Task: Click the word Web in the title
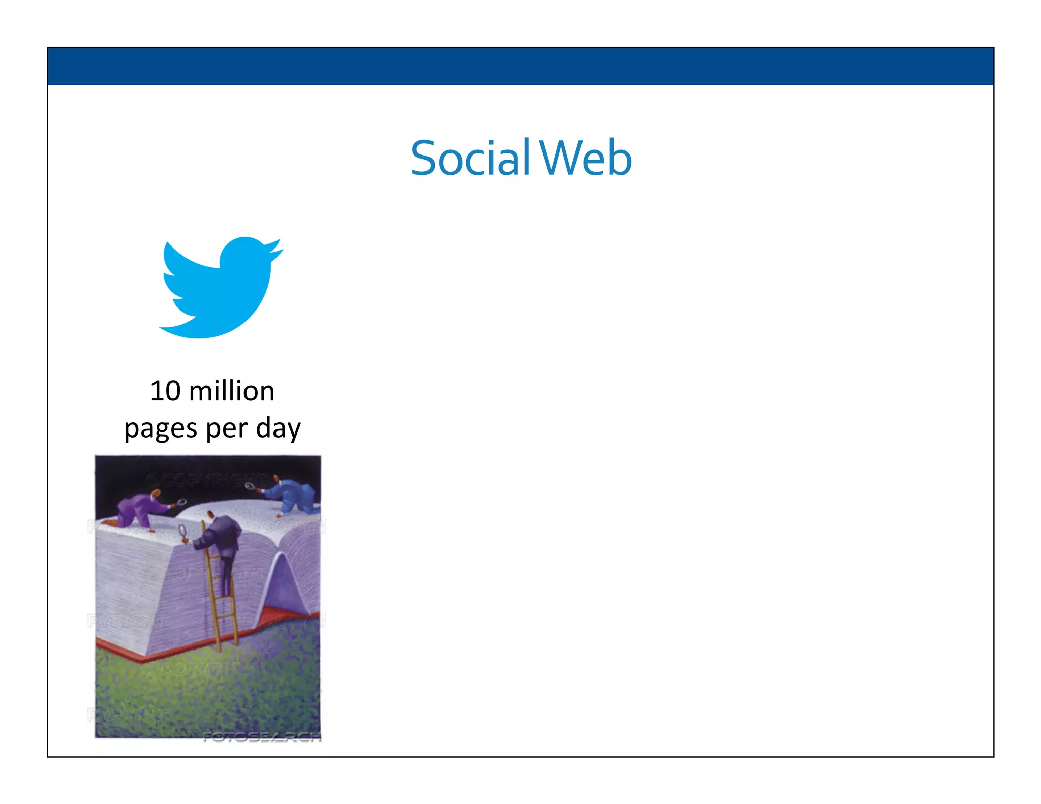point(586,158)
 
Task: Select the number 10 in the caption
point(165,391)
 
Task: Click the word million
point(231,391)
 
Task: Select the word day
point(279,428)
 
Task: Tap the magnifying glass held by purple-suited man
point(181,503)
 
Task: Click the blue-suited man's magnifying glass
point(250,486)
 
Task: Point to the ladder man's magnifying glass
point(183,532)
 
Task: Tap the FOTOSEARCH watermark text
point(262,737)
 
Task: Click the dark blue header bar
point(520,66)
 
